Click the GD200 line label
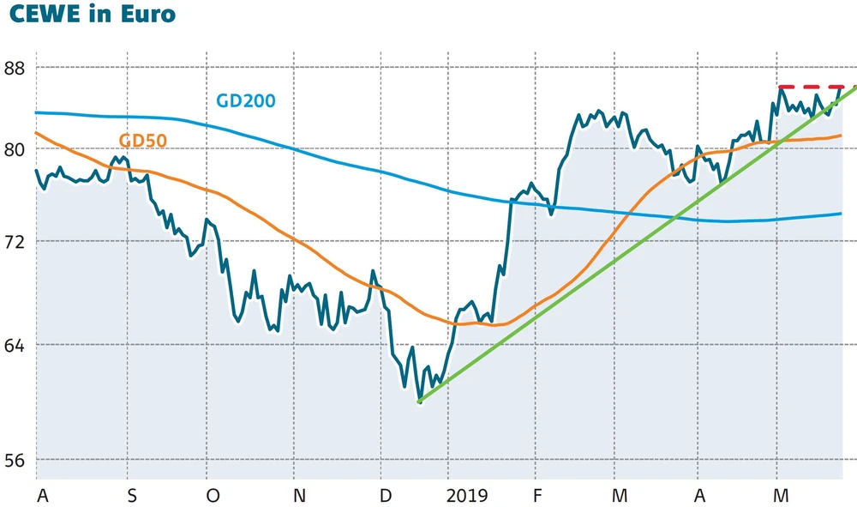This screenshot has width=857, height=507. [246, 100]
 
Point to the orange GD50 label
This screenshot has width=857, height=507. [142, 140]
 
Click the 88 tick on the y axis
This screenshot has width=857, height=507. [16, 67]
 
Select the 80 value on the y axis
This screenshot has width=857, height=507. [16, 149]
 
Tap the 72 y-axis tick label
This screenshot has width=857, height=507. [16, 242]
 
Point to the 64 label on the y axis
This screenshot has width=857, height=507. [16, 345]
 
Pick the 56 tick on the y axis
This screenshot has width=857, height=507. [16, 459]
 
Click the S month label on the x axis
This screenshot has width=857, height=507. [131, 496]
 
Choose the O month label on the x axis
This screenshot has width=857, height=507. [213, 496]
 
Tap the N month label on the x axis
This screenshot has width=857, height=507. [298, 496]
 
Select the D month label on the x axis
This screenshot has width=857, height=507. [385, 496]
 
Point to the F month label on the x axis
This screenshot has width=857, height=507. [537, 496]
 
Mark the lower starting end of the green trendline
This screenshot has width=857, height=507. [419, 401]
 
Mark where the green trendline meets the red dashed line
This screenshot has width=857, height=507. [854, 87]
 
